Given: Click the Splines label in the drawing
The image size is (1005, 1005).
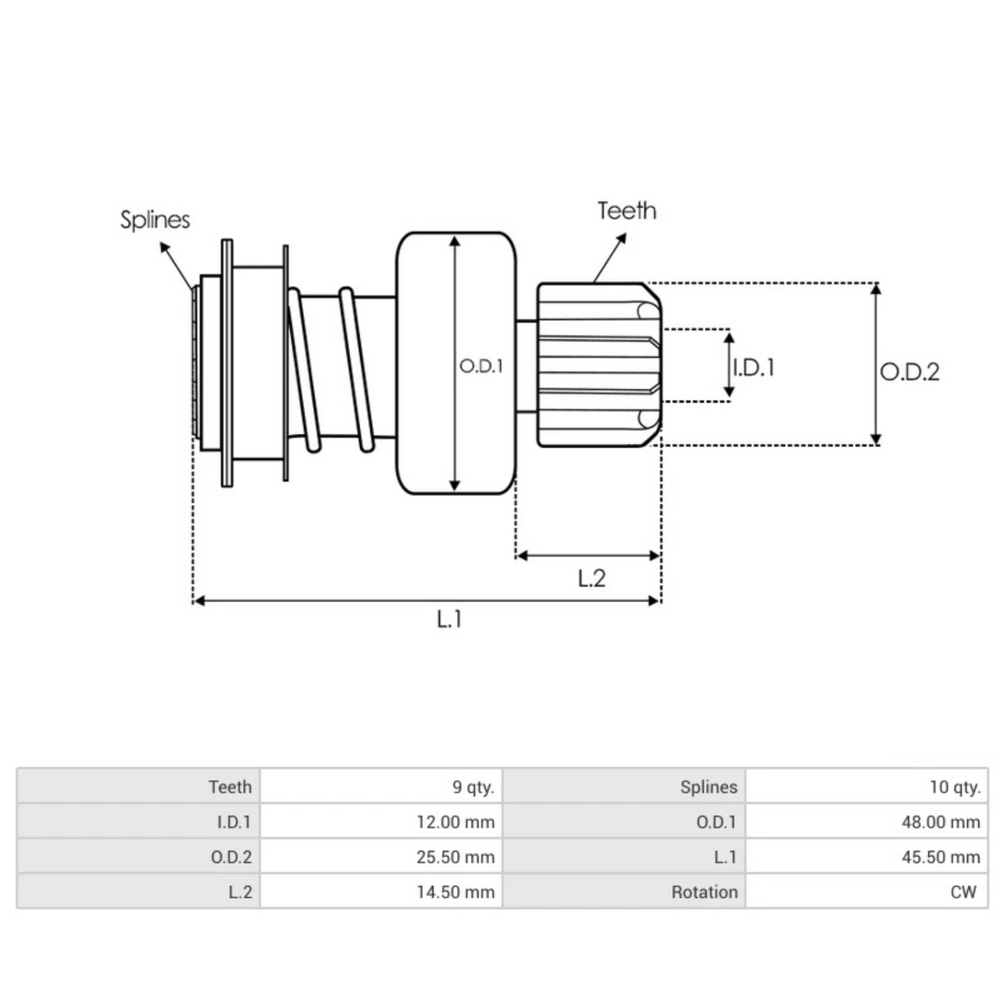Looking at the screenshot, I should [155, 220].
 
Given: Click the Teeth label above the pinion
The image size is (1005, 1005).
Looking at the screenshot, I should [626, 211].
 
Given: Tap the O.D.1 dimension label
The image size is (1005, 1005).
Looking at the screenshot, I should [481, 366].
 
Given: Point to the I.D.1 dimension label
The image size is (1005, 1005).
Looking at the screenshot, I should [754, 367].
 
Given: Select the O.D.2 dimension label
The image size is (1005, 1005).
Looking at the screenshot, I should [910, 371].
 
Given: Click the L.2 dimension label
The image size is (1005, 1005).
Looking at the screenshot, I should [591, 578].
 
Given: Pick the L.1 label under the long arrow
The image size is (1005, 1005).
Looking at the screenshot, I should [449, 619].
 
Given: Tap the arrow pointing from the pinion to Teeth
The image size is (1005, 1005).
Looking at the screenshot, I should [611, 257].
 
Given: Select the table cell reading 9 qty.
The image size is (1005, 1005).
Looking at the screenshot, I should [473, 787].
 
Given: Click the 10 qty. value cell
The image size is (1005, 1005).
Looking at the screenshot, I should [954, 787].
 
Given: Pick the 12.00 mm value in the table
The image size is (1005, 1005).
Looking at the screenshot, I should [456, 822].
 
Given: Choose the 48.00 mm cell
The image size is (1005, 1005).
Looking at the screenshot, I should [941, 822].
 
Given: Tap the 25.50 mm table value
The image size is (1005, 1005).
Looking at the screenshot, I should [456, 858].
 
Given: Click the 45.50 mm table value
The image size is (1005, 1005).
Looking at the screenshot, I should [941, 858].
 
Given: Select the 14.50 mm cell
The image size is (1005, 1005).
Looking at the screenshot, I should [456, 893].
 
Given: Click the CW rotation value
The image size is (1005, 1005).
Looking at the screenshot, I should [963, 893].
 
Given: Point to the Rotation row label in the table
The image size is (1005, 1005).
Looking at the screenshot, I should [704, 893].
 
